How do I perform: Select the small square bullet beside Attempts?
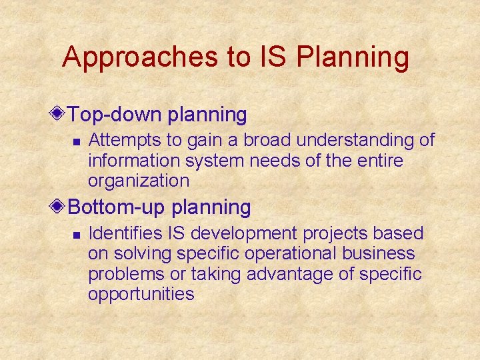pos(77,142)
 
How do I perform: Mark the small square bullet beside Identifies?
pos(77,235)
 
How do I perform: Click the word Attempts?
pos(119,141)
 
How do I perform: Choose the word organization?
pos(139,181)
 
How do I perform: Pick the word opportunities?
pos(141,294)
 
